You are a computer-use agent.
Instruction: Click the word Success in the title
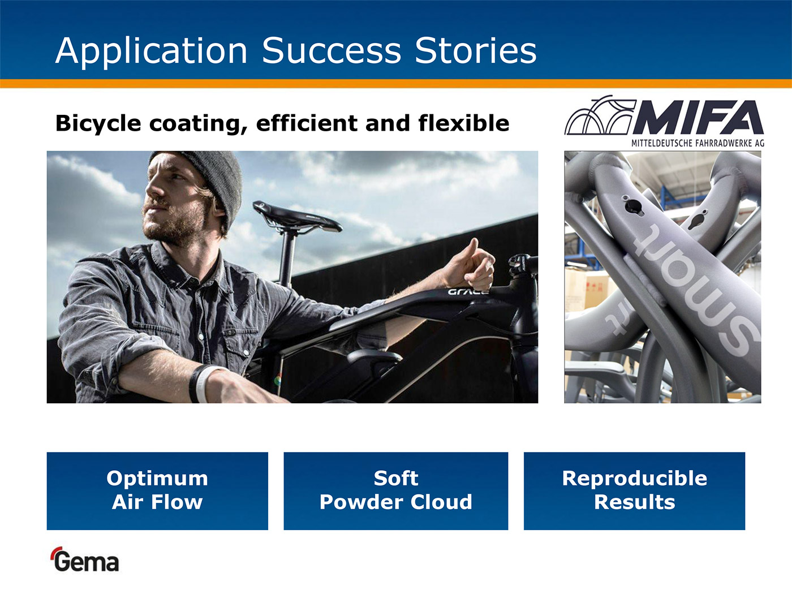coord(332,50)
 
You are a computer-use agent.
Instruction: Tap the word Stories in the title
coord(476,50)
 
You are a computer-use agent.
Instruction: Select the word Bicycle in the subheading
coord(98,124)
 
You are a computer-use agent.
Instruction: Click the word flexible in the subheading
coord(464,123)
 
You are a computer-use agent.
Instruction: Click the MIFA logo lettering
coord(698,117)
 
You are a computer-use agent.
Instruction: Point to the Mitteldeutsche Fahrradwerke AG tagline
coord(698,143)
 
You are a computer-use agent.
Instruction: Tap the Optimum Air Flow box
coord(157,491)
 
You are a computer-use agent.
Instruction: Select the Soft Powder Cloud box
coord(396,491)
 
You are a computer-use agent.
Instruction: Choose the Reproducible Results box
coord(634,491)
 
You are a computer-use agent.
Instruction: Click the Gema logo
coord(85,559)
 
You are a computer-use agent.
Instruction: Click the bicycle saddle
coord(296,217)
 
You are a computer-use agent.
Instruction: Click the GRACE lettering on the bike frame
coord(468,291)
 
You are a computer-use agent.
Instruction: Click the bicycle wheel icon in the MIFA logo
coord(599,115)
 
